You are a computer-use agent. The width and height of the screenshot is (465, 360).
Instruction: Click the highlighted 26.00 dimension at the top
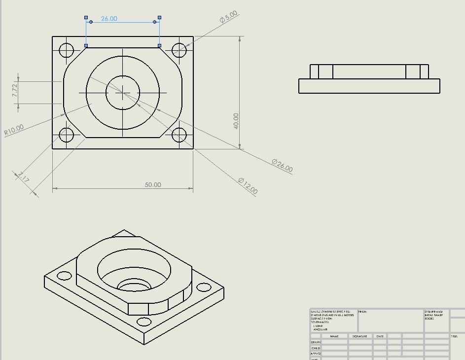(x=109, y=19)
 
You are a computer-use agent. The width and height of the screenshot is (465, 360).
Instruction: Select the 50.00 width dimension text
(x=153, y=184)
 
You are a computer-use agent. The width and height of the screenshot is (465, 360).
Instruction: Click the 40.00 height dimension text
(x=236, y=121)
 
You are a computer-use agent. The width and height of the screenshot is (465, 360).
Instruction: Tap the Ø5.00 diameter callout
(x=229, y=17)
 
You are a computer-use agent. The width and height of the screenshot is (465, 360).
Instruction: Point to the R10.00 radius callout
(x=14, y=130)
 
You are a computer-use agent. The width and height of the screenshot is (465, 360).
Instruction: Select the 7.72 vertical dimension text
(x=15, y=90)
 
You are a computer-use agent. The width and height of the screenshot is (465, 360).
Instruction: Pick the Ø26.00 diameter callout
(x=282, y=166)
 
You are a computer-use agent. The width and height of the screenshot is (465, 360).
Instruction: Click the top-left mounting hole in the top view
(x=67, y=50)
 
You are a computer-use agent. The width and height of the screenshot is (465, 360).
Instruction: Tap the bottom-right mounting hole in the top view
(x=179, y=135)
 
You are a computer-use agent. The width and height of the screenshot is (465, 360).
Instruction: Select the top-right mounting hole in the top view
(x=179, y=50)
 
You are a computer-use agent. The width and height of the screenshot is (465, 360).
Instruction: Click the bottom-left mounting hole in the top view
(x=67, y=135)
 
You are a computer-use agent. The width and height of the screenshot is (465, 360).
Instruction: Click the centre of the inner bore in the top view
(x=123, y=92)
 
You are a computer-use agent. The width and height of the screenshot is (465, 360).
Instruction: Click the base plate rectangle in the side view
(x=369, y=86)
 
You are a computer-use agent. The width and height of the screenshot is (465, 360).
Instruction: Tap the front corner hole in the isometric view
(x=144, y=322)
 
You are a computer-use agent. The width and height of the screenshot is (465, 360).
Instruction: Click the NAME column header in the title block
(x=334, y=336)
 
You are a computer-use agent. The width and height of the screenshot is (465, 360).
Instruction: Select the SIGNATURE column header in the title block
(x=360, y=336)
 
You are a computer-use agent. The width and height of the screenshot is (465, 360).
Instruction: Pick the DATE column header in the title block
(x=380, y=336)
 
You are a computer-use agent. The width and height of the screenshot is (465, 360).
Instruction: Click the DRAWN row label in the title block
(x=316, y=342)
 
